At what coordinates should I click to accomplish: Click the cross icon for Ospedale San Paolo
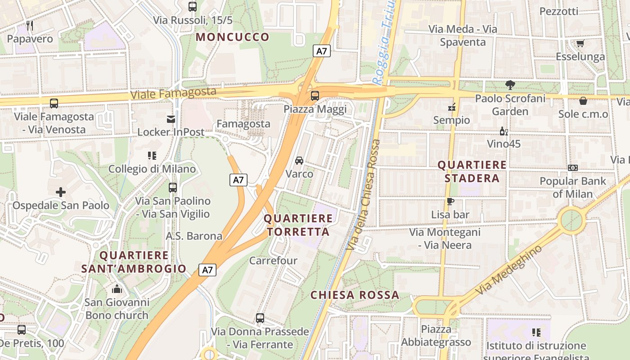(x=61, y=192)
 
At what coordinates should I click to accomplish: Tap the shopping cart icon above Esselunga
(x=580, y=43)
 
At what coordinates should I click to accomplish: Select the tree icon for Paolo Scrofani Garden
(x=510, y=85)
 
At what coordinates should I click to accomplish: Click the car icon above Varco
(x=299, y=161)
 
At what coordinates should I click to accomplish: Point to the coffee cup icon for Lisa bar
(x=450, y=201)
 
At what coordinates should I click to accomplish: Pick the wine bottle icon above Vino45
(x=504, y=131)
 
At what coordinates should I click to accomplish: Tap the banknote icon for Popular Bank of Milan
(x=572, y=168)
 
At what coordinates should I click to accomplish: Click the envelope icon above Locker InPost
(x=171, y=119)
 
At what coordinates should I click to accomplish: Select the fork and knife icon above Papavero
(x=30, y=26)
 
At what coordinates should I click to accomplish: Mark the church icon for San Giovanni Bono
(x=117, y=289)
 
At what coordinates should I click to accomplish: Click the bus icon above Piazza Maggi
(x=315, y=96)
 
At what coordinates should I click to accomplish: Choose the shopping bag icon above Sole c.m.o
(x=583, y=101)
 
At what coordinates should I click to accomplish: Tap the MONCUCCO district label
(x=233, y=37)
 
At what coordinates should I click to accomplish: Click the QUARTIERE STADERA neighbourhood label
(x=472, y=171)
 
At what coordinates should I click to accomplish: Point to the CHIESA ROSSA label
(x=355, y=295)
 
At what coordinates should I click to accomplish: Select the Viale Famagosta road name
(x=173, y=94)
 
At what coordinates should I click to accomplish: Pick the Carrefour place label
(x=273, y=261)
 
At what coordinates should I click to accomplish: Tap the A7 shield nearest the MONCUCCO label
(x=321, y=51)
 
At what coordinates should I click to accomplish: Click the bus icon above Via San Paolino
(x=173, y=188)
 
